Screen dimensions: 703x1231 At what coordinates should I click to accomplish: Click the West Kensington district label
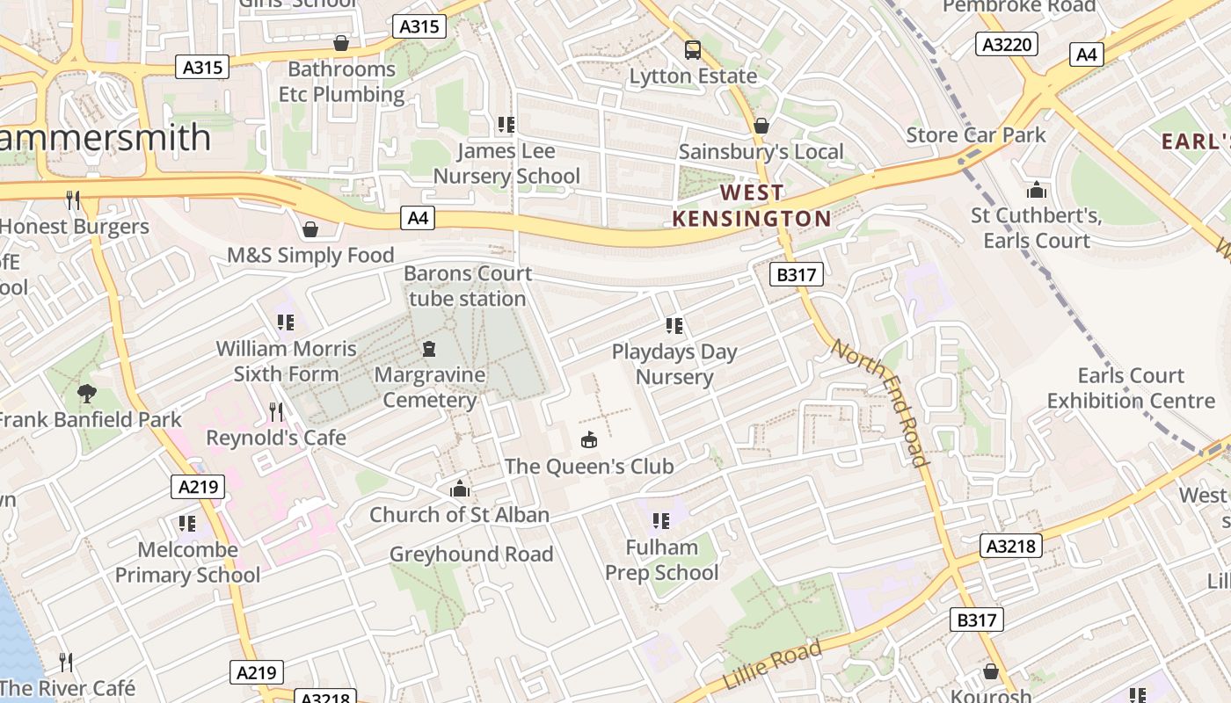coord(752,206)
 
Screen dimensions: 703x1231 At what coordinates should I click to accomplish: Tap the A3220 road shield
coord(1007,44)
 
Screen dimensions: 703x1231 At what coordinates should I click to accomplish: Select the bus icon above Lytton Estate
coord(693,49)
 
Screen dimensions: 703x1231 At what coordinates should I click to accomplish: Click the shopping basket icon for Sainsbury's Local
coord(761,126)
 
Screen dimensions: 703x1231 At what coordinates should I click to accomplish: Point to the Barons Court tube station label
coord(468,286)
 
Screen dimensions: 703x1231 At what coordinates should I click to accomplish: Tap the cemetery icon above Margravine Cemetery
coord(429,349)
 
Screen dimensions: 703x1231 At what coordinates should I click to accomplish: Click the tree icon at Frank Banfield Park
coord(86,393)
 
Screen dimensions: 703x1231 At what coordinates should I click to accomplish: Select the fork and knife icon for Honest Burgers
coord(73,200)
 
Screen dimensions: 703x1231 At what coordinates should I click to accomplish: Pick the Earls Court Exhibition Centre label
coord(1130,388)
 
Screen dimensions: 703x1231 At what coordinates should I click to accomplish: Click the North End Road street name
coord(880,402)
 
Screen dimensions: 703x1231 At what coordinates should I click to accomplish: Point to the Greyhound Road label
coord(471,554)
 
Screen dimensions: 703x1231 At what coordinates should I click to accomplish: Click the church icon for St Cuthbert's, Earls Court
coord(1037,190)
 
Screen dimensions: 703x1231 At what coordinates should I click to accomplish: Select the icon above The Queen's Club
coord(588,439)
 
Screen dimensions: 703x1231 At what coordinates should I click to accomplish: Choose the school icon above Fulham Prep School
coord(661,521)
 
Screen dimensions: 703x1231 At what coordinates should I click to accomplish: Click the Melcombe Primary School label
coord(187,562)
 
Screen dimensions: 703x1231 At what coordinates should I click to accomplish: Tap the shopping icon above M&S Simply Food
coord(310,230)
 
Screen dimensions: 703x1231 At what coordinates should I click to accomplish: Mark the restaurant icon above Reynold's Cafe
coord(276,411)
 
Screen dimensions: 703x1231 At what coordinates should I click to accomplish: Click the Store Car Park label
coord(976,134)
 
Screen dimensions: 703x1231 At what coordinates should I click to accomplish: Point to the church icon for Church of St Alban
coord(459,489)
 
